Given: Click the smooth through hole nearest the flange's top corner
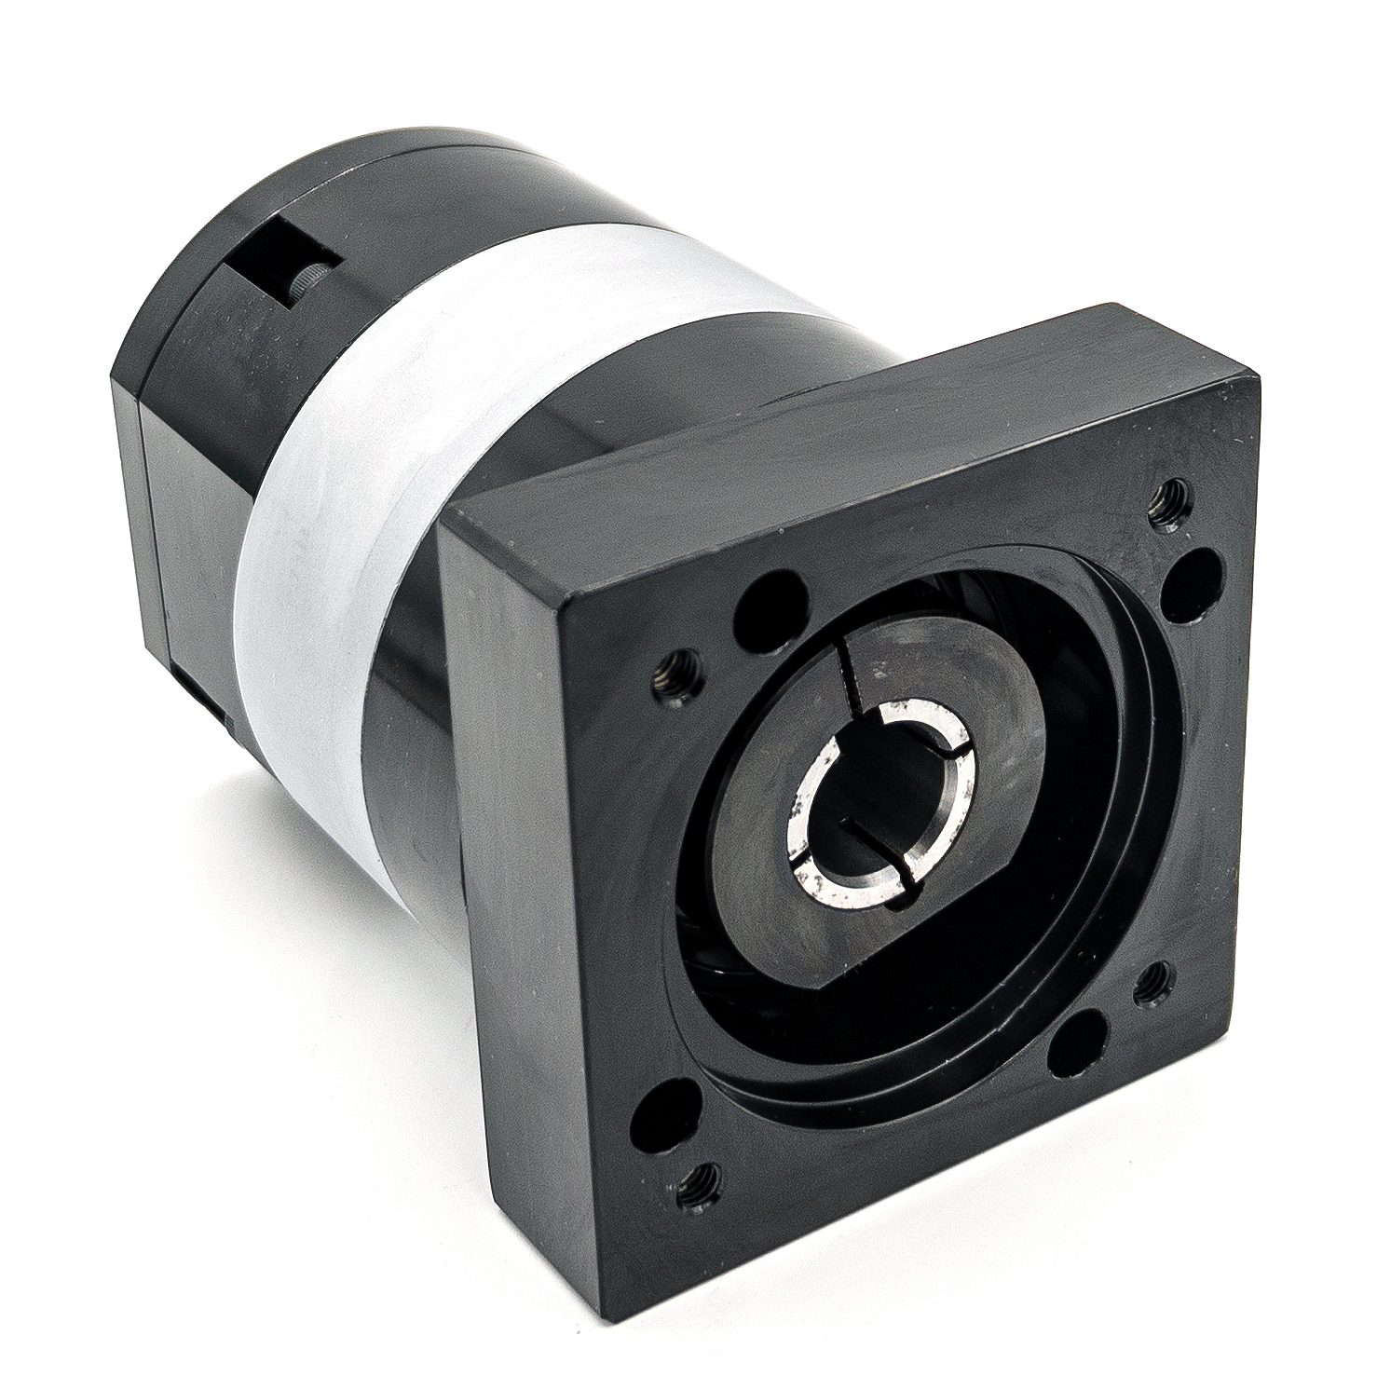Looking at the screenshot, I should (x=1193, y=583).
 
